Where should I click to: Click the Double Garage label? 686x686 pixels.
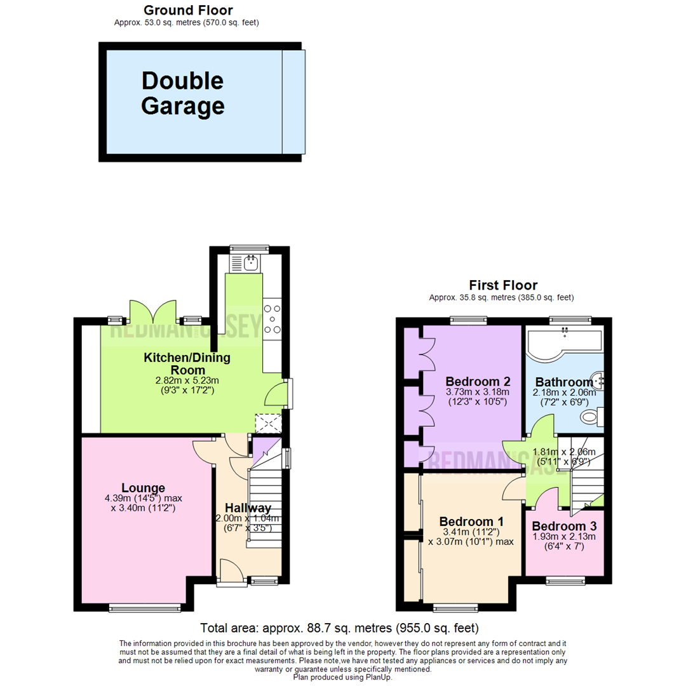point(182,93)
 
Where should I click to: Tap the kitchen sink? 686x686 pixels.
point(250,261)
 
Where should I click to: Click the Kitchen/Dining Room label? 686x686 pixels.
point(187,364)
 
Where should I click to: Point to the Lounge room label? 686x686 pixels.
point(143,488)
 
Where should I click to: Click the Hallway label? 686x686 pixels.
point(248,508)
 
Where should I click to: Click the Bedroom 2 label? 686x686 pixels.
point(478,381)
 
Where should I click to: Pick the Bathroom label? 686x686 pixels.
point(564,382)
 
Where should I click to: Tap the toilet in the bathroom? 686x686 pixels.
point(591,417)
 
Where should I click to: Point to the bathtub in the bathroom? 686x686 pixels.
point(563,344)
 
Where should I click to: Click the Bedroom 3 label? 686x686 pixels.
point(564,527)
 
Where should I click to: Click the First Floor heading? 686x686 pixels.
point(502,285)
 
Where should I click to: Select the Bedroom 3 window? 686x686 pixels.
point(564,580)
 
